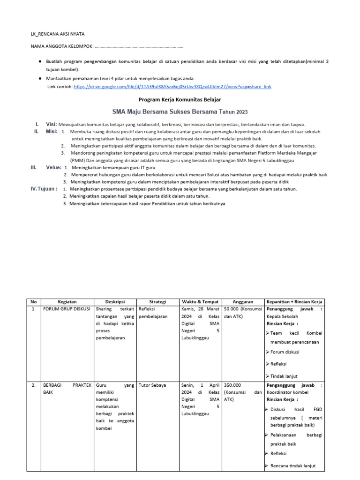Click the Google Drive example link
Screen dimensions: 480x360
[x=172, y=87]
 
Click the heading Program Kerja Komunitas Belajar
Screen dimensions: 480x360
[x=180, y=100]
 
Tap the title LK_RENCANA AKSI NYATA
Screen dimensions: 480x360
[x=58, y=34]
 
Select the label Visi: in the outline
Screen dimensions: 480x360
[x=51, y=124]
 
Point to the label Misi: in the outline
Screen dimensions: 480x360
[x=52, y=132]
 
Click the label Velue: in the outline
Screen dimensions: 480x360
[x=53, y=167]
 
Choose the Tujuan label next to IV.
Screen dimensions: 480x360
[x=49, y=189]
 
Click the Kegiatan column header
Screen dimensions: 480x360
[x=67, y=302]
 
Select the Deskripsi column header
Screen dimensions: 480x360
[x=115, y=302]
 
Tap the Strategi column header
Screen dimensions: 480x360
[x=158, y=302]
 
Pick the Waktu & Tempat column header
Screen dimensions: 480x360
[x=200, y=302]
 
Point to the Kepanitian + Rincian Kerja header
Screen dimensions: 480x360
[x=294, y=302]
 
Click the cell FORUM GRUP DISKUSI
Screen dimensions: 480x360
[x=67, y=309]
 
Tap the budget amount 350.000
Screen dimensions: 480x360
[x=233, y=385]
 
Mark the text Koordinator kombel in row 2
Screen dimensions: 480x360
[x=287, y=392]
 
